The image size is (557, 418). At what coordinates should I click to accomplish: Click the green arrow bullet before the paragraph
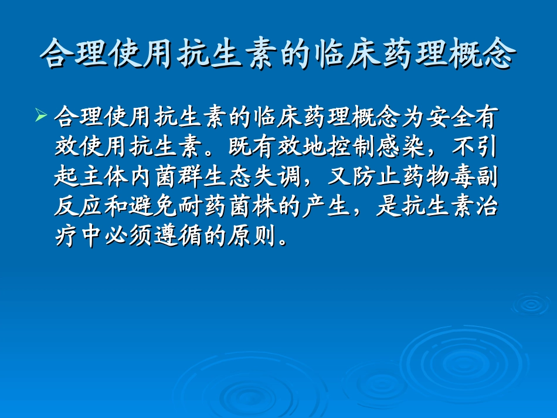[x=40, y=115]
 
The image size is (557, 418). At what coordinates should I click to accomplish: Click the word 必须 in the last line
[x=131, y=237]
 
